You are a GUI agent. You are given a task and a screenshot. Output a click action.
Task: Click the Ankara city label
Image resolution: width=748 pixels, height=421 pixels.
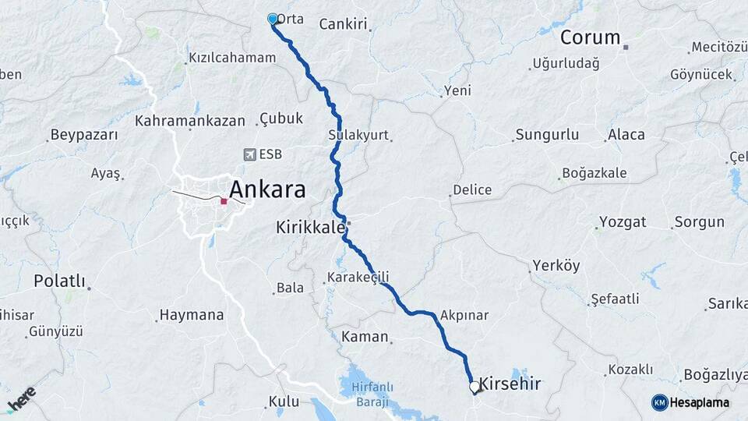267,189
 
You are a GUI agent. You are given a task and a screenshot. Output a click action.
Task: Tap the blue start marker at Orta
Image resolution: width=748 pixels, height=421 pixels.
273,19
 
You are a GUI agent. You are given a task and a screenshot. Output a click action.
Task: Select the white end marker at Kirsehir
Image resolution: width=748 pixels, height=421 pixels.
474,386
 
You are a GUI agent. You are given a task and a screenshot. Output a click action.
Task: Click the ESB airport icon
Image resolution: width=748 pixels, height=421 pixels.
249,154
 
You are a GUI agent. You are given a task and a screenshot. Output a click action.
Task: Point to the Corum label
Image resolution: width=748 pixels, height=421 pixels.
590,37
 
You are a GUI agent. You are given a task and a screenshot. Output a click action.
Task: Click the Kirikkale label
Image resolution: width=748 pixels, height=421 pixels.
310,228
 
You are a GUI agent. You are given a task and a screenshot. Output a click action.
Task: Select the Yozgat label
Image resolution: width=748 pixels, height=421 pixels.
623,222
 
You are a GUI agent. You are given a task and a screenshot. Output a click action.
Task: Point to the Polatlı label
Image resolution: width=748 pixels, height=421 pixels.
59,281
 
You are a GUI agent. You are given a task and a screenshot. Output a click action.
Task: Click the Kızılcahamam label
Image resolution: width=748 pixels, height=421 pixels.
232,58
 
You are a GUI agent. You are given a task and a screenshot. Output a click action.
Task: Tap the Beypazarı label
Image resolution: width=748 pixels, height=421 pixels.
84,135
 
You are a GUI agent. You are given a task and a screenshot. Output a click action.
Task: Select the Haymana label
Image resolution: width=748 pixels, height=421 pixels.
192,316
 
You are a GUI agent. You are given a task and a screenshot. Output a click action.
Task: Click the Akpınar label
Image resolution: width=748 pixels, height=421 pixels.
464,316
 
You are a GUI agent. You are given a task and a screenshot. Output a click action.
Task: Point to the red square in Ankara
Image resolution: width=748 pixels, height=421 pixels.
224,201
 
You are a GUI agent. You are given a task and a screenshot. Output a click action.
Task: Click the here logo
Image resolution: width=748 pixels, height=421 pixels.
22,398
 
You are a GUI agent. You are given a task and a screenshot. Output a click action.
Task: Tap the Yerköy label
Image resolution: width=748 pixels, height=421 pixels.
556,266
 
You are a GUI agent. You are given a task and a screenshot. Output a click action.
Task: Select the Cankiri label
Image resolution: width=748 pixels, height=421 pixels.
343,24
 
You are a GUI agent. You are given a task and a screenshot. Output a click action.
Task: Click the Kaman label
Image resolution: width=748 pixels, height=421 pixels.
365,337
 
